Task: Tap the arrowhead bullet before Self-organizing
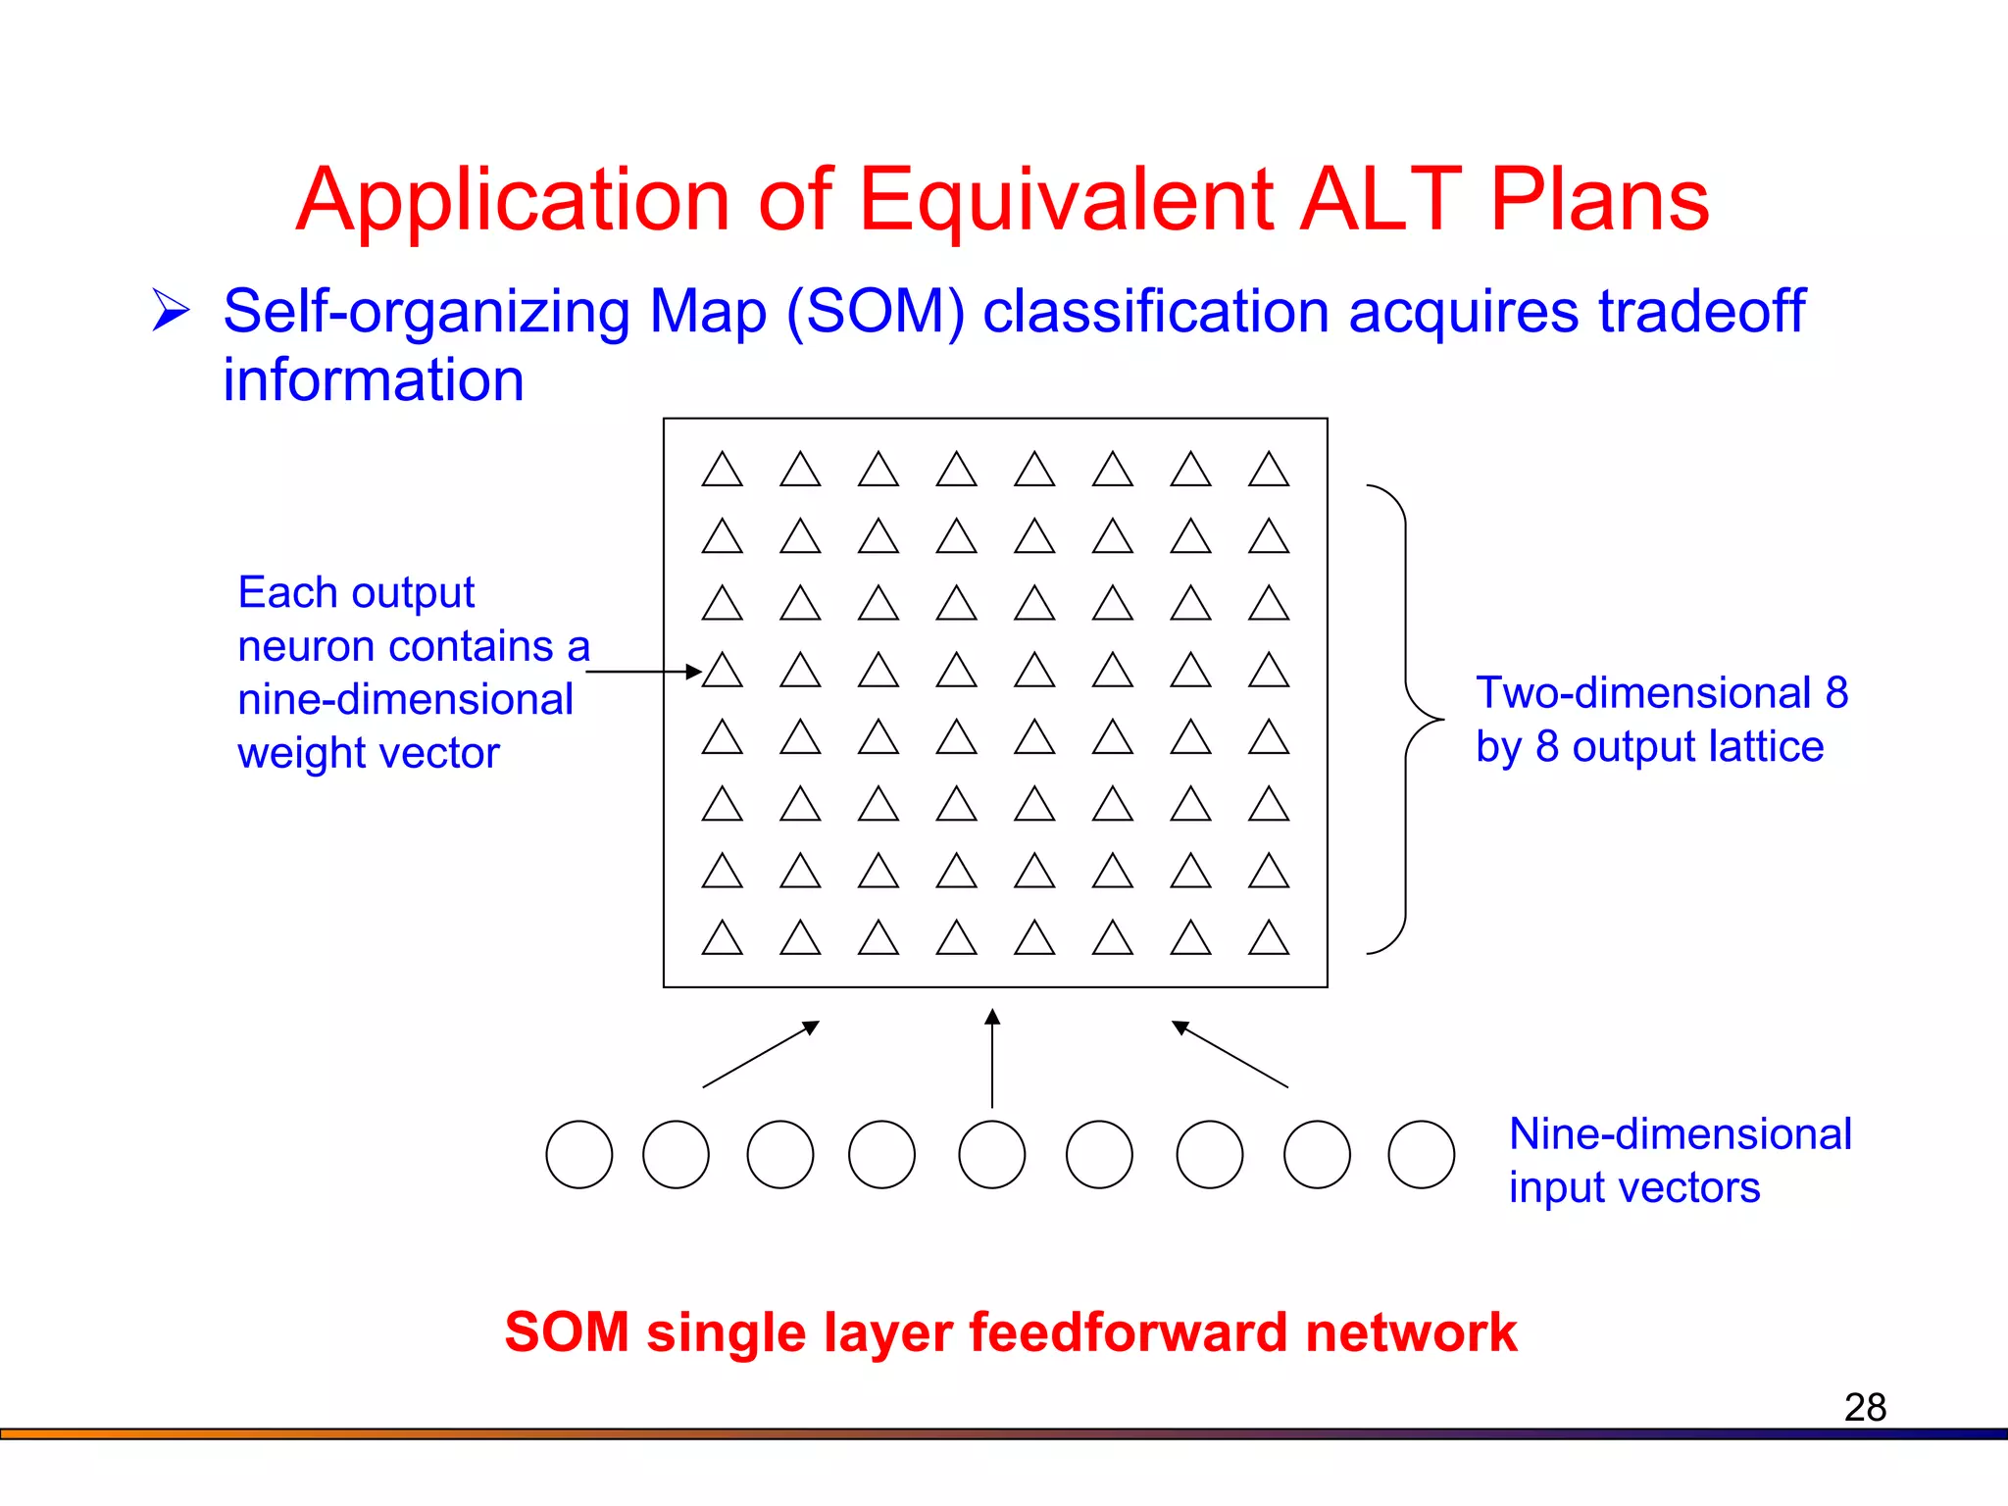click(171, 311)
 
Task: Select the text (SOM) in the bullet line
click(876, 312)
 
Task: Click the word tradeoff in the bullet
click(1701, 312)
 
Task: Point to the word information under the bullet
click(373, 380)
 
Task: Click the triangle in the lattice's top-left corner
click(723, 471)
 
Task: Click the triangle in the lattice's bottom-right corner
click(1269, 939)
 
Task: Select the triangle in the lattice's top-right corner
click(1269, 471)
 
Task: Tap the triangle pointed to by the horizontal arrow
click(723, 672)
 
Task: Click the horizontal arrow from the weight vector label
click(642, 672)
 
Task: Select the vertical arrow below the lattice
click(992, 1059)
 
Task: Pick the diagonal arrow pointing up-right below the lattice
click(761, 1054)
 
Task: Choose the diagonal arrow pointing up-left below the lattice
click(1230, 1054)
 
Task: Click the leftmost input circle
click(579, 1155)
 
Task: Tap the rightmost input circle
click(1421, 1155)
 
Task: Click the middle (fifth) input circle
click(992, 1155)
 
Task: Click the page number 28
click(1865, 1407)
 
